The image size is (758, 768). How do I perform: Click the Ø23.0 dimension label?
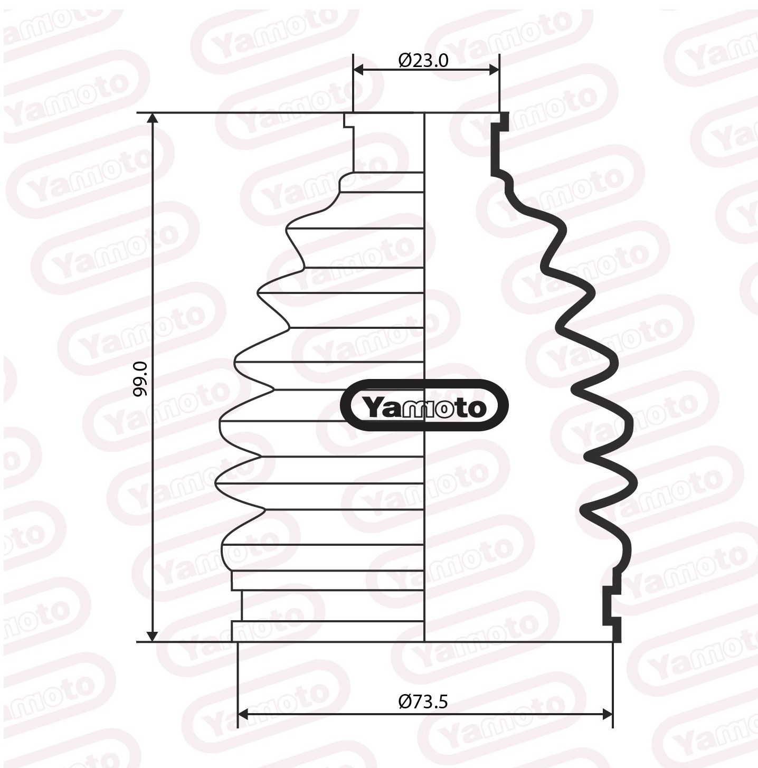423,61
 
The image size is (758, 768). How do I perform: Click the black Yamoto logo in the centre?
424,405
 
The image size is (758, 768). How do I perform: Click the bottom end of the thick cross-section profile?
617,637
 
